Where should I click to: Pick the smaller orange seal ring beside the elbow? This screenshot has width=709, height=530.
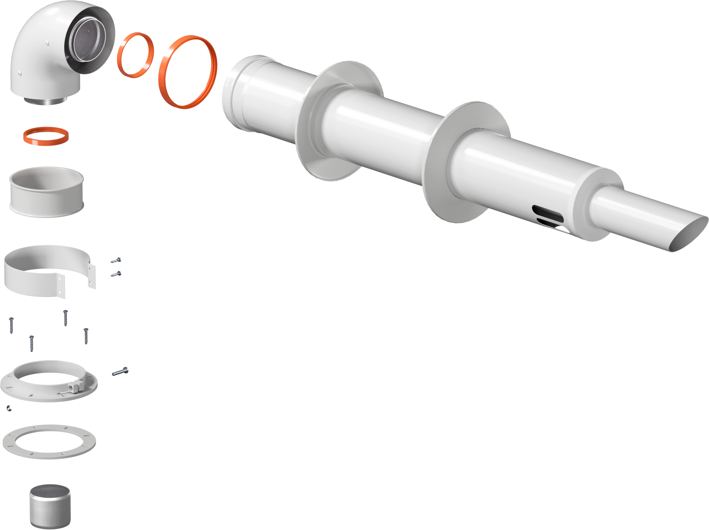135,55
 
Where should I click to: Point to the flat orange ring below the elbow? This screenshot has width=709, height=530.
46,136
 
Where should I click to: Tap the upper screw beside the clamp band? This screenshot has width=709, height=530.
116,260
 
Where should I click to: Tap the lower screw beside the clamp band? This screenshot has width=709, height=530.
116,274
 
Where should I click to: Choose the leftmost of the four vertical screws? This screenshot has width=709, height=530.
12,325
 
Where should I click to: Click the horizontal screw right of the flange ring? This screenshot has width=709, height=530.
120,371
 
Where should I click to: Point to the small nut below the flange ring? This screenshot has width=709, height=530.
9,409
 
